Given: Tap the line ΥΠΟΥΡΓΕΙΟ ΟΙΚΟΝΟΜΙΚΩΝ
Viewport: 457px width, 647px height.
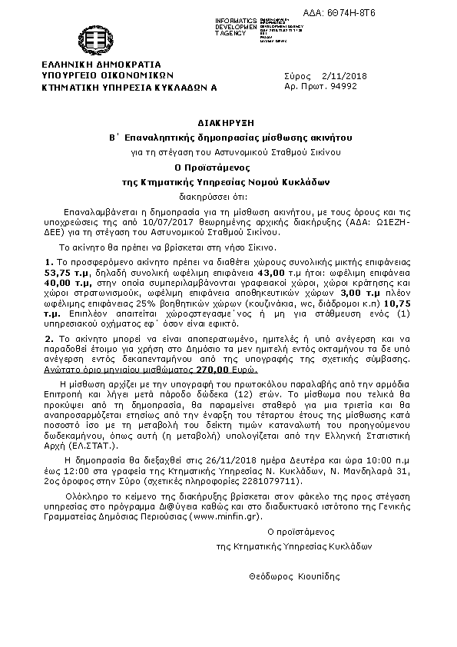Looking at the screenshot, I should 109,76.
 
